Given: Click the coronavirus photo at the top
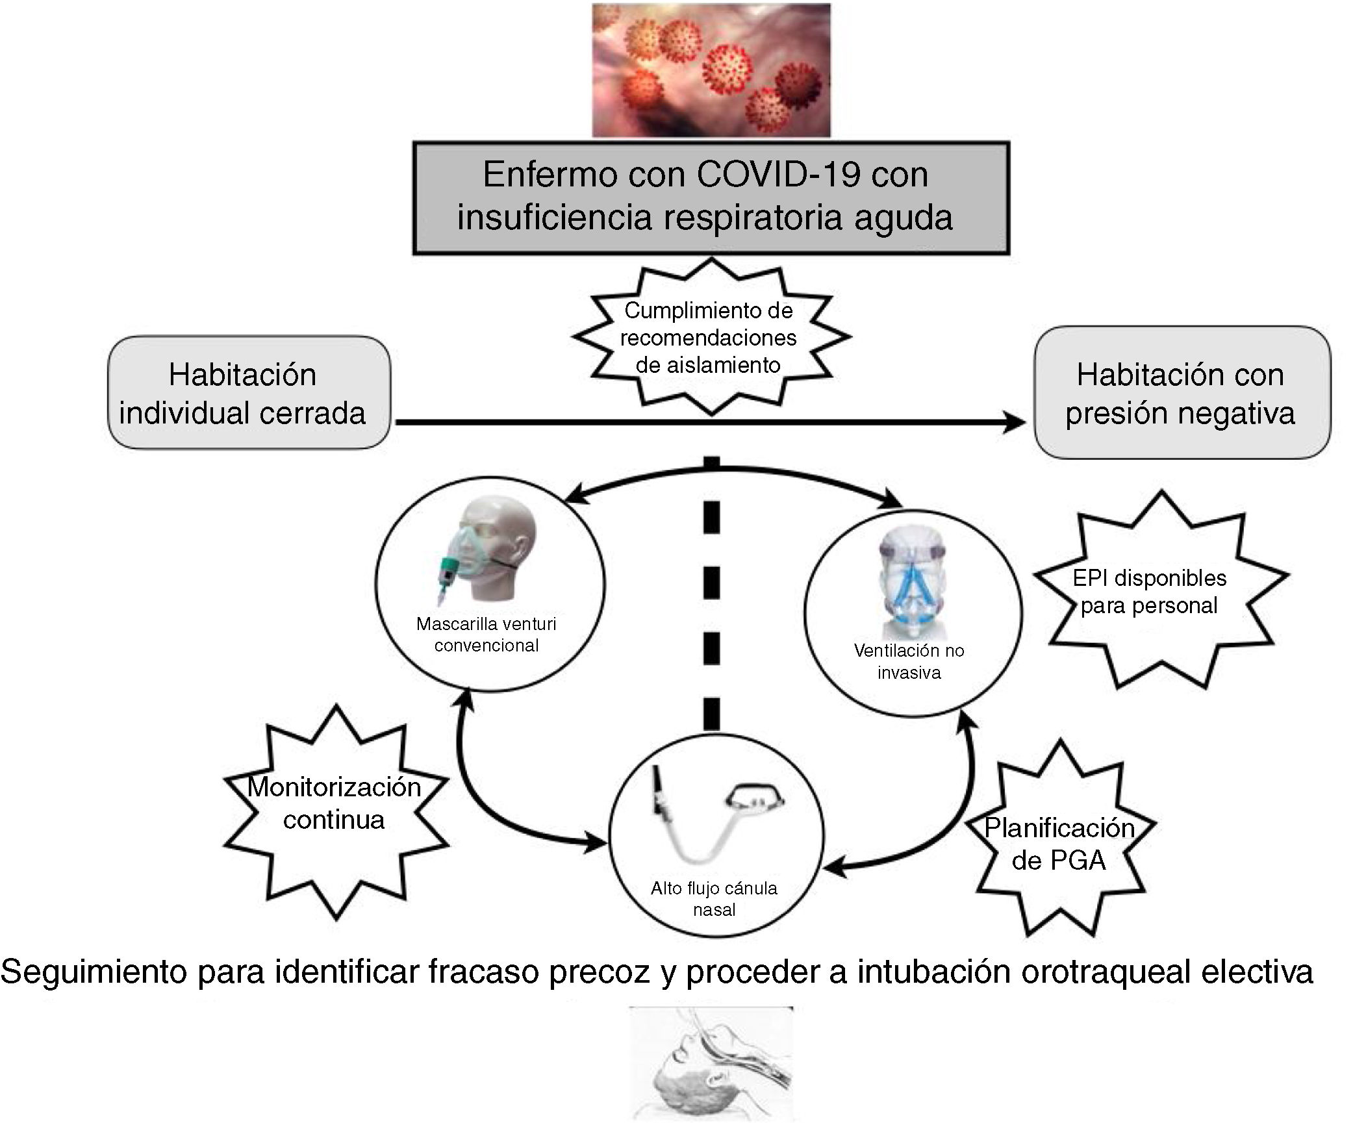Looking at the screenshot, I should tap(711, 70).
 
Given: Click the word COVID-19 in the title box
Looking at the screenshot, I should tap(779, 175).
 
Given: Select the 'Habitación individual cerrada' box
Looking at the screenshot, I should tap(249, 392).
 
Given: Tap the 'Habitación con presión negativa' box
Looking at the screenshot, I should tap(1182, 392).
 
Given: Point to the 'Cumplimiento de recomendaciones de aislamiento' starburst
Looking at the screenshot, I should tap(709, 337).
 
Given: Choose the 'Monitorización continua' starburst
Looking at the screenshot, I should tap(335, 803).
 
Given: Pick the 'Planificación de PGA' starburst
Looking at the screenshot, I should tap(1059, 843).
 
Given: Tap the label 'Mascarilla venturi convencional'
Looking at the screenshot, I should tap(487, 635).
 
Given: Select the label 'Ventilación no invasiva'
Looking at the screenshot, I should tap(909, 661).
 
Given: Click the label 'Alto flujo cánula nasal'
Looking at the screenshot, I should tap(714, 898).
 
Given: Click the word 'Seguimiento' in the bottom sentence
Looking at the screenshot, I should tap(94, 972).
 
